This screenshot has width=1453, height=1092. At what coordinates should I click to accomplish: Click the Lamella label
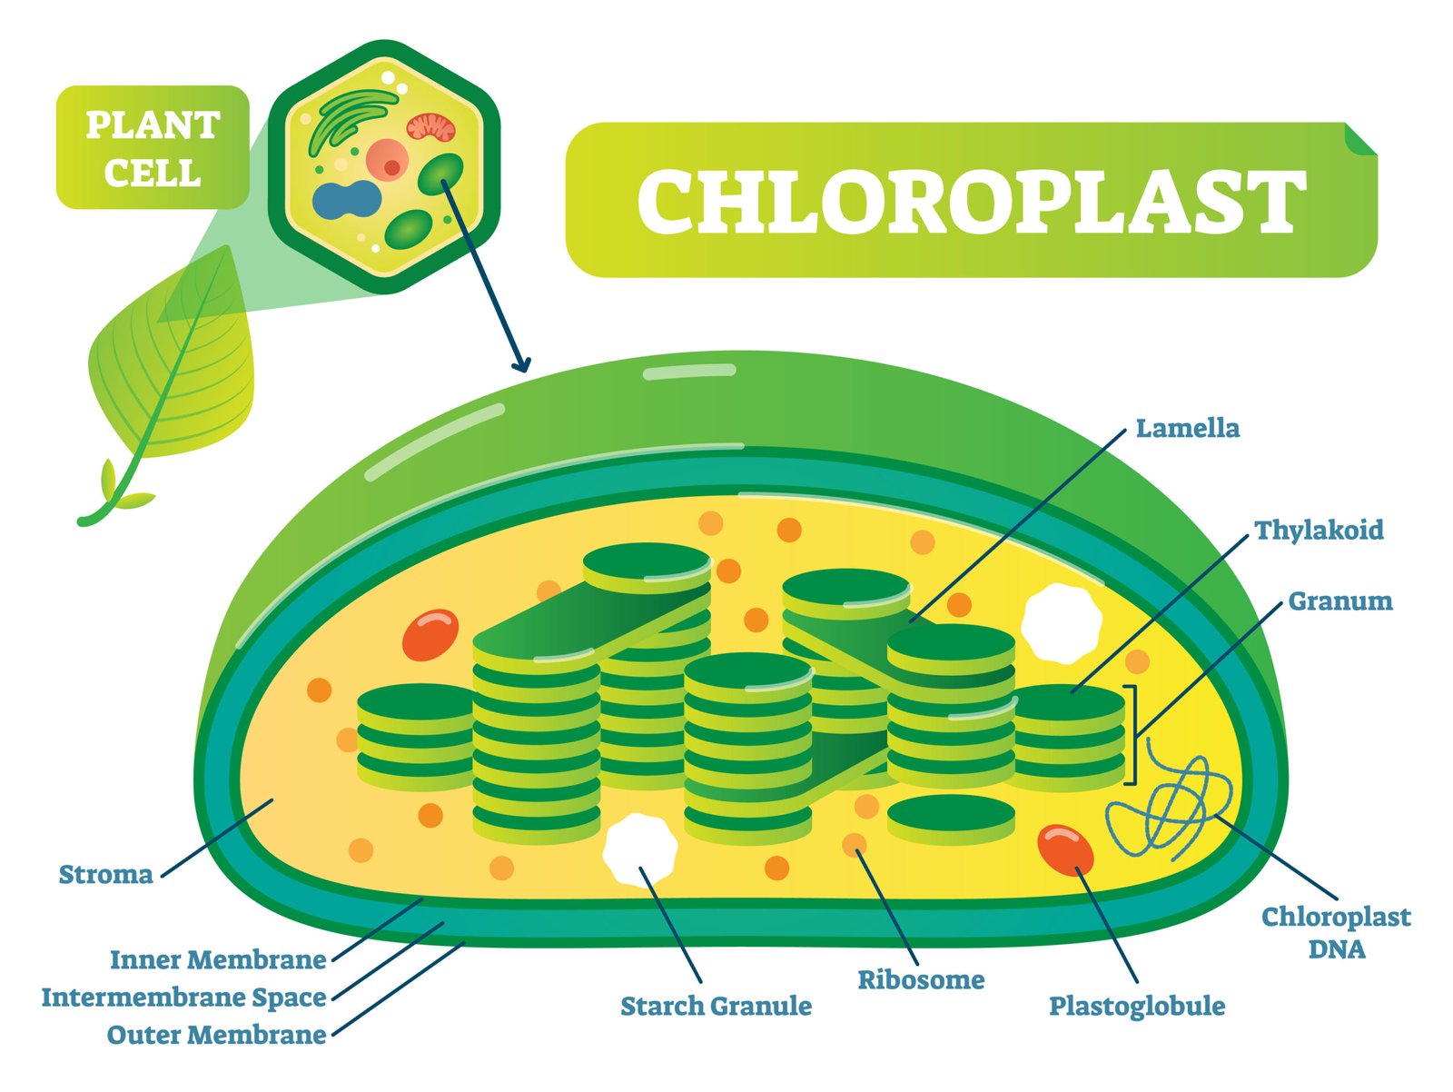coord(1187,428)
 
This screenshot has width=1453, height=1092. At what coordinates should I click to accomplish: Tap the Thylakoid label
coord(1319,530)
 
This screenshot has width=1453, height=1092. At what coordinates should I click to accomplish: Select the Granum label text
coord(1339,601)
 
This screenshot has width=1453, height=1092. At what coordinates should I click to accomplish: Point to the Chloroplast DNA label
coord(1336,933)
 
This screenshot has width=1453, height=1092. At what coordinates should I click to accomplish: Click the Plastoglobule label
coord(1137,1006)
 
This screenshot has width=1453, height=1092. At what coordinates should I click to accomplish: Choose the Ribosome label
coord(921,979)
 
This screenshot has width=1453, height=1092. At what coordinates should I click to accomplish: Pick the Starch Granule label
coord(716,1006)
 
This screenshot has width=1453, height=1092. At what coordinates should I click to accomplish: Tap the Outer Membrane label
coord(216,1035)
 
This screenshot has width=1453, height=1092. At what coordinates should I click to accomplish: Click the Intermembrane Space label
coord(183,998)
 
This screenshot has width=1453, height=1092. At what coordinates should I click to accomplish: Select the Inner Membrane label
coord(218,959)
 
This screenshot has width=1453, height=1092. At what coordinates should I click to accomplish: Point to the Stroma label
coord(105,875)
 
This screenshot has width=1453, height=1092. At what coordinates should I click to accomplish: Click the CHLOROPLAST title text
coord(971,201)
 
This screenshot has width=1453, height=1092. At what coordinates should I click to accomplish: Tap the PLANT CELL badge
coord(153,148)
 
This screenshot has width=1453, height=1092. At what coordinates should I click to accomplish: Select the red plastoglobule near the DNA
coord(1065,849)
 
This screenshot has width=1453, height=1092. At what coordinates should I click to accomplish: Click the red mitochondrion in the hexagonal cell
coord(430,127)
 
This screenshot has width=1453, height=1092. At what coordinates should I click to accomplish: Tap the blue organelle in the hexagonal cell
coord(346,201)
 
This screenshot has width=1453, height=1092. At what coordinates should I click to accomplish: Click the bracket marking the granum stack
coord(1131,734)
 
